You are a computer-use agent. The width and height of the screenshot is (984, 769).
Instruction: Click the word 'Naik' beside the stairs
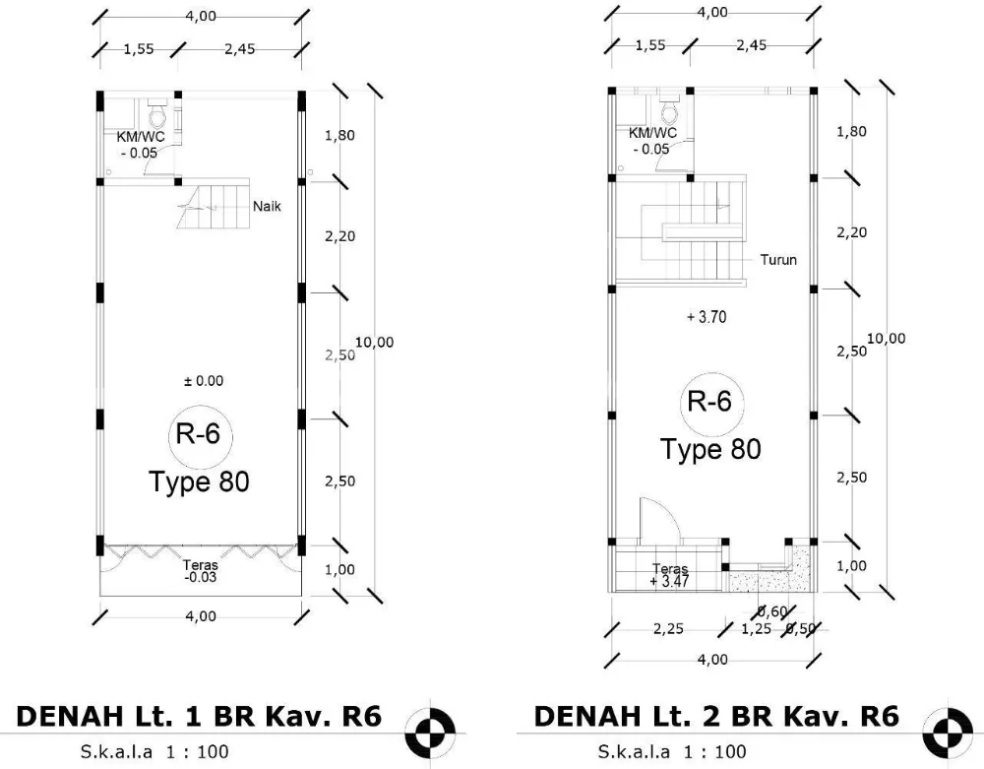(268, 207)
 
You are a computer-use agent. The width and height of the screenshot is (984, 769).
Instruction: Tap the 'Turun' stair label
(777, 260)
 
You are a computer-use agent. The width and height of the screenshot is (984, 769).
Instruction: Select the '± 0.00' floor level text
(204, 380)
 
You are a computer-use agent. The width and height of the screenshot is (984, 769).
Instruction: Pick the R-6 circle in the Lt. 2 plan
(710, 402)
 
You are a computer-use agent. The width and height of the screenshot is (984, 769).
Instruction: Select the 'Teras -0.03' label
(200, 571)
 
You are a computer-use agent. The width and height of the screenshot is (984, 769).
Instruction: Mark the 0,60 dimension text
(772, 612)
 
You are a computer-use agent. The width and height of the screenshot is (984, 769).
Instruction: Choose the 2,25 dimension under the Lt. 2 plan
(667, 630)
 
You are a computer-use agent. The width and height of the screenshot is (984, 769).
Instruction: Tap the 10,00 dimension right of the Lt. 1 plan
(374, 342)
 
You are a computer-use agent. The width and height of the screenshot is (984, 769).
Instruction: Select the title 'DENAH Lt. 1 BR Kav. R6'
(198, 715)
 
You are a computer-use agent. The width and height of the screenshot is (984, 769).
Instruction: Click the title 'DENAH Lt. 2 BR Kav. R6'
(715, 715)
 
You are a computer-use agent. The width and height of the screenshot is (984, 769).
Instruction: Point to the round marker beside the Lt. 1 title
(433, 730)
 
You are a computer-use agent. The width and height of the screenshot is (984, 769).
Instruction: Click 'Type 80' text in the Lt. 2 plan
(710, 449)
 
